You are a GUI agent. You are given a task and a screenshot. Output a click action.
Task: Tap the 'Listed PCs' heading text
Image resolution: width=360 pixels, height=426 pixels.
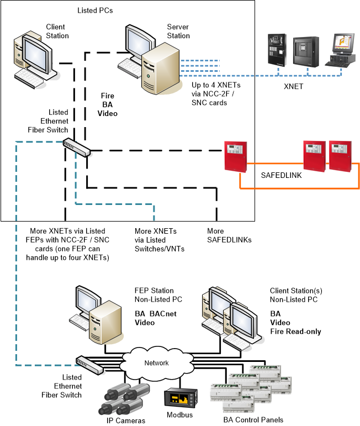pyautogui.click(x=95, y=10)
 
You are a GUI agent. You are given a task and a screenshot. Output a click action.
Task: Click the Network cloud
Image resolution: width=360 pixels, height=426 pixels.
pyautogui.click(x=156, y=363)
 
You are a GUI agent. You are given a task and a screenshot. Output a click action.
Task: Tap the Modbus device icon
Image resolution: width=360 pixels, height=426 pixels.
pyautogui.click(x=178, y=398)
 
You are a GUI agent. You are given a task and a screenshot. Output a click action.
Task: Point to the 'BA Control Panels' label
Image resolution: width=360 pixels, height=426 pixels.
pyautogui.click(x=255, y=419)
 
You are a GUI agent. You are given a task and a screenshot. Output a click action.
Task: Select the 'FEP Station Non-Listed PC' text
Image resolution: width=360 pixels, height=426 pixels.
pyautogui.click(x=154, y=294)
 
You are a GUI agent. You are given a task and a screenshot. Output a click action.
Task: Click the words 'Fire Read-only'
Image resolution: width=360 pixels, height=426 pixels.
pyautogui.click(x=295, y=332)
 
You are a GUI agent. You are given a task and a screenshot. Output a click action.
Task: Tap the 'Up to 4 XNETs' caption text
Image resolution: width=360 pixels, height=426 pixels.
pyautogui.click(x=215, y=94)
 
